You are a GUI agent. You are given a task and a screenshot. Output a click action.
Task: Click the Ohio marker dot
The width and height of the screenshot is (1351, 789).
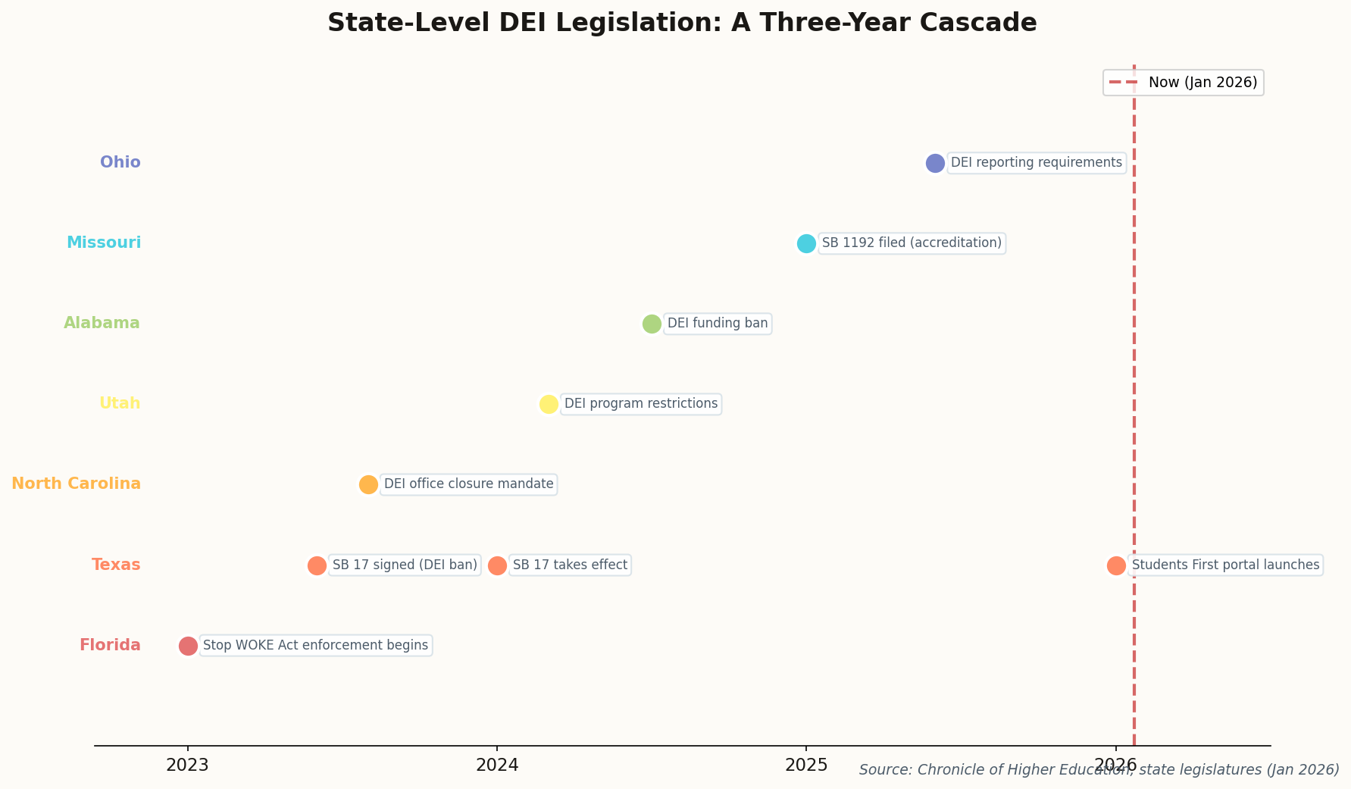point(935,163)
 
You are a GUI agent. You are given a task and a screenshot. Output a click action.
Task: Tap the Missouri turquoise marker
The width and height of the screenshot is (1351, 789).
point(806,243)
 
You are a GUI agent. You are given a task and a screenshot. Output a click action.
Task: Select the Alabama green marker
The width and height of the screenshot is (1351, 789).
point(652,324)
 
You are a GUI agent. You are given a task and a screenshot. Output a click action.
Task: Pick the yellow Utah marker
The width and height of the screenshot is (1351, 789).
point(549,404)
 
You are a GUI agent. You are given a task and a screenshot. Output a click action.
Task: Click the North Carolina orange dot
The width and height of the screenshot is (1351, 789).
point(368,484)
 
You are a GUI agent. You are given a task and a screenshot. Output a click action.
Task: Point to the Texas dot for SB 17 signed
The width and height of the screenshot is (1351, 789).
point(317,565)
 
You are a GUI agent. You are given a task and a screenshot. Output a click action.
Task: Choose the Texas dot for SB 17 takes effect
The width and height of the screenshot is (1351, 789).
point(497,565)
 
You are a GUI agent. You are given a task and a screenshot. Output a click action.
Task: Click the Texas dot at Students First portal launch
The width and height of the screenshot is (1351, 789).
point(1116,565)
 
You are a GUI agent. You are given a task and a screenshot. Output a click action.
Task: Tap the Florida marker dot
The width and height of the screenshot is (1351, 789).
point(188,646)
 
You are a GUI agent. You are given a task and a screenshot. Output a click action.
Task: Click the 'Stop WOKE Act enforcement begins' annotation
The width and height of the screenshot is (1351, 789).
point(315,646)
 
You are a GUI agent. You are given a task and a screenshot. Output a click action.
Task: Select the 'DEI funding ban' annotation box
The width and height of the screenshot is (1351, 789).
point(717,324)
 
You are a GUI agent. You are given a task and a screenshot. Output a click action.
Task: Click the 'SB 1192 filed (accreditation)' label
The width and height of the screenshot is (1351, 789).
point(912,243)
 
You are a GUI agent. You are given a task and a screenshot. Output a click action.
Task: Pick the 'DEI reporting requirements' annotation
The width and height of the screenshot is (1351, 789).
point(1036,163)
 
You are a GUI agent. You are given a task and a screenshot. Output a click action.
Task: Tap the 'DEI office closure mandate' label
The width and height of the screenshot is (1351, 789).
point(468,484)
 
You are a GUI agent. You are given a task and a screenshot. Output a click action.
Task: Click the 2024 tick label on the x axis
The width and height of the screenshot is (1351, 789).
point(497,766)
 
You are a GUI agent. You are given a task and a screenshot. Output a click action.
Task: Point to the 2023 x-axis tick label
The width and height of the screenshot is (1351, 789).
point(187,766)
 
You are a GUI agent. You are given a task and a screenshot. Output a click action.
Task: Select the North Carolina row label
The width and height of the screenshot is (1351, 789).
point(76,484)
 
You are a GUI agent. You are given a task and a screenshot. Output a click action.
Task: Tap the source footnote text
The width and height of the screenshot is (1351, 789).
point(1099,770)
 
